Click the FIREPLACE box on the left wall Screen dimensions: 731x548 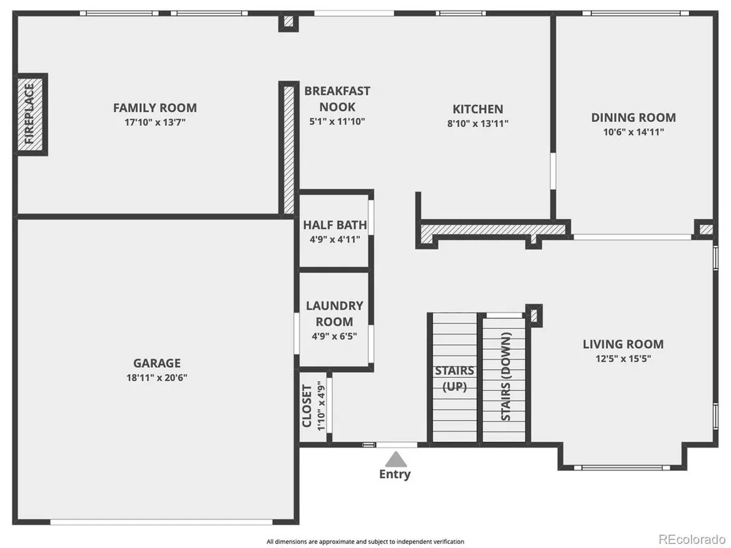[x=30, y=114]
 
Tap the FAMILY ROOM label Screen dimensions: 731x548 [x=155, y=107]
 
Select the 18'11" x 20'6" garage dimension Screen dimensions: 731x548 [x=156, y=377]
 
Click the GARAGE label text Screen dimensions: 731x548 [x=156, y=363]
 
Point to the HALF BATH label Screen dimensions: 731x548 [x=334, y=225]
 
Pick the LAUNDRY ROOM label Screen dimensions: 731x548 [x=334, y=314]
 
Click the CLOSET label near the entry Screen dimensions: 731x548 [x=307, y=406]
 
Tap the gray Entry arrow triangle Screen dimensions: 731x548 [x=396, y=459]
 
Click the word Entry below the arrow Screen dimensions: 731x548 [x=395, y=474]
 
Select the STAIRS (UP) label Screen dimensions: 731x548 [x=455, y=379]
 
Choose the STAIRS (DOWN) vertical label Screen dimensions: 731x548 [x=506, y=377]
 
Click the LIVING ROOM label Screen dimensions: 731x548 [x=623, y=344]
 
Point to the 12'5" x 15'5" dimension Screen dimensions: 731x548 [x=623, y=358]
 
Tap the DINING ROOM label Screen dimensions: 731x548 [x=633, y=117]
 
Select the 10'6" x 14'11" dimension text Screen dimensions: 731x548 [x=633, y=132]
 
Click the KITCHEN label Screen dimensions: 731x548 [x=478, y=109]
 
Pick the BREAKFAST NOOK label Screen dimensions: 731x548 [x=337, y=99]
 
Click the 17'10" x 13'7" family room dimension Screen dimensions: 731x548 [x=155, y=123]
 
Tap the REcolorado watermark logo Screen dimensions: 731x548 [x=692, y=539]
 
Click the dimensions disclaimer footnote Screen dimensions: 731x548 [x=365, y=541]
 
